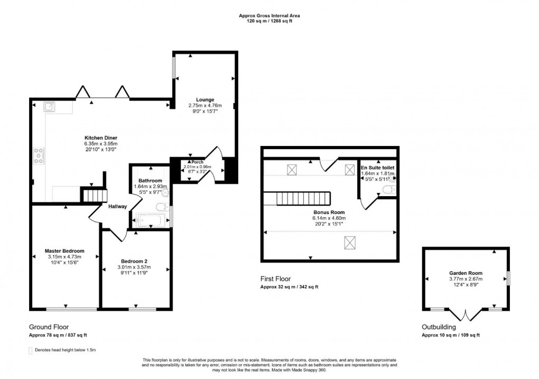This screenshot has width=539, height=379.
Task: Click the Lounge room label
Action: pos(205,99)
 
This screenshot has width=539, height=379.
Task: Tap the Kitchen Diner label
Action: pos(100,138)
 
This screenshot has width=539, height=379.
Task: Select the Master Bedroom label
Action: pos(64,251)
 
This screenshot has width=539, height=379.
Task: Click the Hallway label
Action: pos(117,206)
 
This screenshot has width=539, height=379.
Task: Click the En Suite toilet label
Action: pos(377,167)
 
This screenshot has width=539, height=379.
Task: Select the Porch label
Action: pos(197,162)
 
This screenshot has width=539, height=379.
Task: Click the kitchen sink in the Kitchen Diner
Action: pos(49,107)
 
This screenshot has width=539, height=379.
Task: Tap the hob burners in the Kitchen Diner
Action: pos(39,155)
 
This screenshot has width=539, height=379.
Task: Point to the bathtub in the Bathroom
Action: pos(150,220)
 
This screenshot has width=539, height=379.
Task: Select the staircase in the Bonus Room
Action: pos(304,198)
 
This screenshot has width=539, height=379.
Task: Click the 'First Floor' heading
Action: pos(275,279)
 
